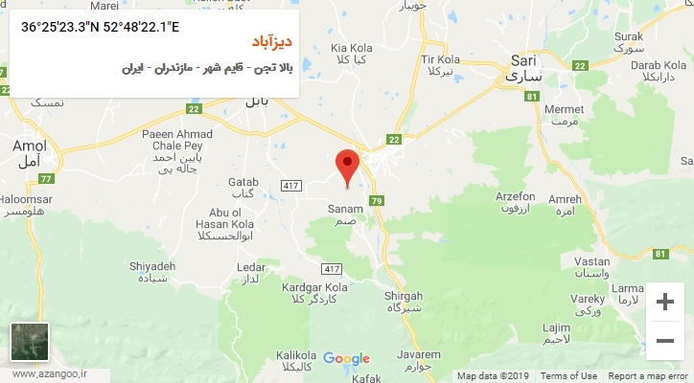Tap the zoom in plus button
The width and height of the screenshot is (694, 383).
pos(663,302)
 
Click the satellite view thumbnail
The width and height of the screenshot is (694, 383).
pos(29,342)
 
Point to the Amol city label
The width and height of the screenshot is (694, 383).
pos(28,146)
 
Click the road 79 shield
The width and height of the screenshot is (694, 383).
pos(377,200)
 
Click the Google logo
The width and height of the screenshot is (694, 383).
pos(346,359)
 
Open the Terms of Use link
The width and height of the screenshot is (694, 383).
pos(568,376)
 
